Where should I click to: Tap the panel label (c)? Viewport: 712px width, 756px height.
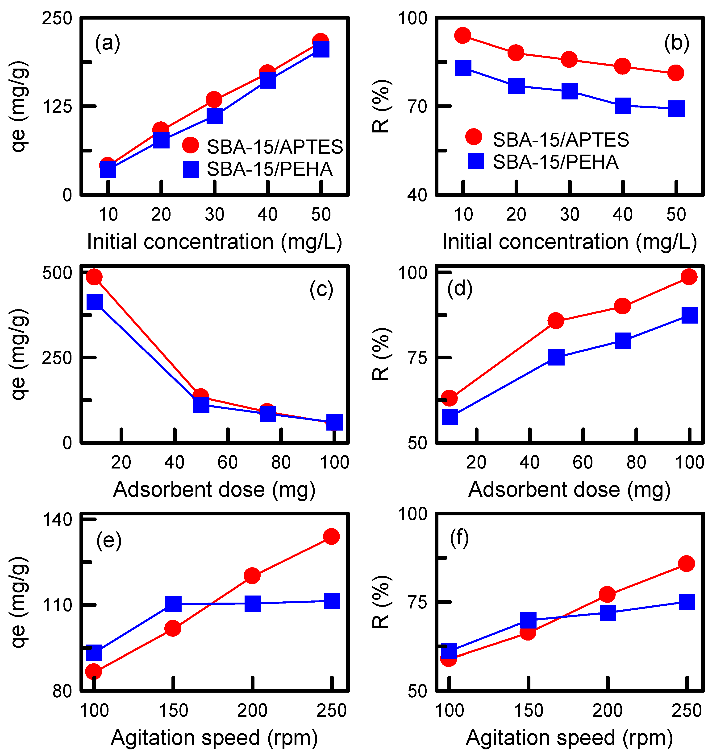click(321, 290)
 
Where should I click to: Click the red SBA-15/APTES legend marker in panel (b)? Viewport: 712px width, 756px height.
click(474, 136)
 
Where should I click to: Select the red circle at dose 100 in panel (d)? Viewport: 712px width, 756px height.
click(689, 276)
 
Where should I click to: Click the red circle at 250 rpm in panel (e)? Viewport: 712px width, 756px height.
click(331, 537)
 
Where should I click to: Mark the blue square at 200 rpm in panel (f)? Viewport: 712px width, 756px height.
click(608, 612)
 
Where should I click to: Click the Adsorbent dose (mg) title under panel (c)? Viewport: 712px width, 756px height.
click(214, 490)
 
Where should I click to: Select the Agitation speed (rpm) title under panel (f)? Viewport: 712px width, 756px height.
click(569, 738)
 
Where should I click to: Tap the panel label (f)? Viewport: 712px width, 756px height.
click(459, 538)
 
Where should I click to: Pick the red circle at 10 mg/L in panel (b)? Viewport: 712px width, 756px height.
click(463, 35)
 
